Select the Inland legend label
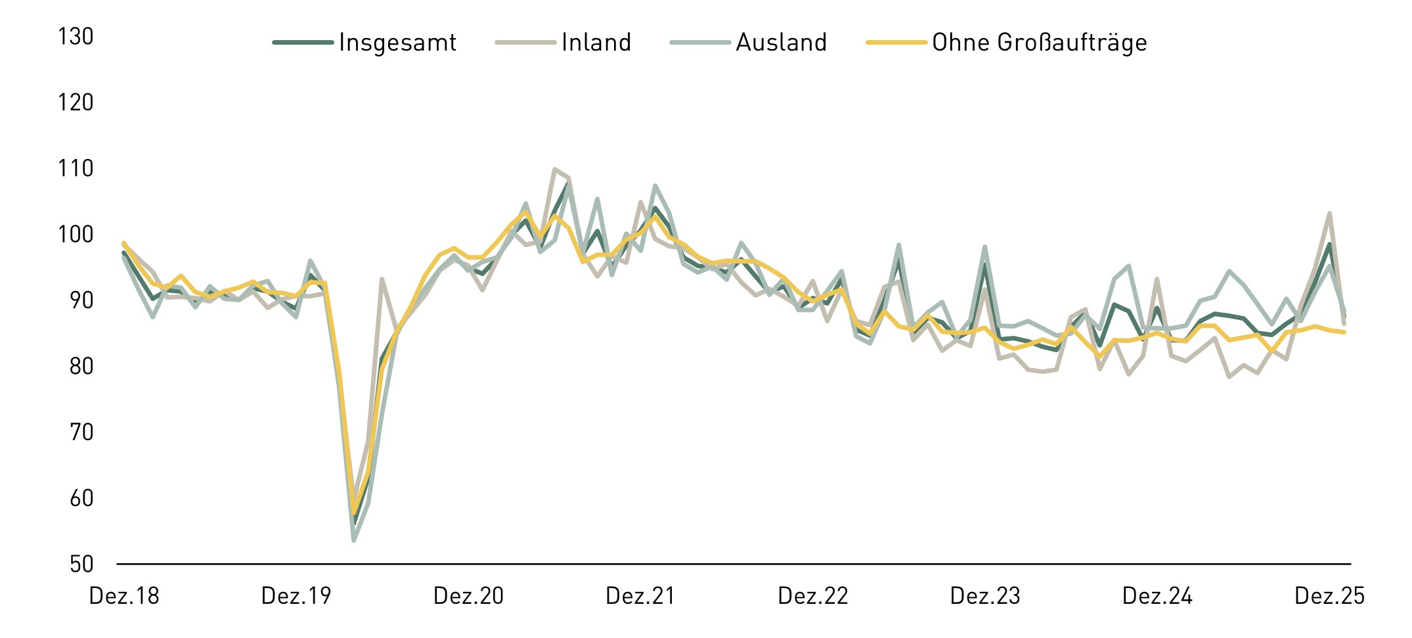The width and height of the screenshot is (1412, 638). coord(596,43)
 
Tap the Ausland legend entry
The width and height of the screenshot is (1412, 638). coord(781,43)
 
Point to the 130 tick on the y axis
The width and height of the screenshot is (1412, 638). coord(76,37)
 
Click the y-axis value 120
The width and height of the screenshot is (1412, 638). coord(76,103)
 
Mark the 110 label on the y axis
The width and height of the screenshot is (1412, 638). coord(76,169)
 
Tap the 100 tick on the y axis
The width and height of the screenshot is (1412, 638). coord(76,235)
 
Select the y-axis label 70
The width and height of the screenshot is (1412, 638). coord(81,432)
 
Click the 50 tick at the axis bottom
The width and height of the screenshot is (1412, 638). coord(81,564)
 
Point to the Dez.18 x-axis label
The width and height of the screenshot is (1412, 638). coord(124,596)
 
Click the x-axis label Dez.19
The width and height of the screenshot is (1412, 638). coord(296,596)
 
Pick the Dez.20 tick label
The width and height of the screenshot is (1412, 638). coord(468,596)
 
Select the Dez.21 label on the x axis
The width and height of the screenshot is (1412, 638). coord(640,596)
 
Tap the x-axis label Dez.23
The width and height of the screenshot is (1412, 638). coord(985,596)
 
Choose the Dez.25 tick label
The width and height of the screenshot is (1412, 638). coord(1329,596)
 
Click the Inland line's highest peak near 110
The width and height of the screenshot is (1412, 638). coord(554,170)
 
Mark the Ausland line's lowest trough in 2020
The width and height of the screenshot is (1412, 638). coord(353,540)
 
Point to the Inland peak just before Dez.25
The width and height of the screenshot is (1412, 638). coord(1329,214)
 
